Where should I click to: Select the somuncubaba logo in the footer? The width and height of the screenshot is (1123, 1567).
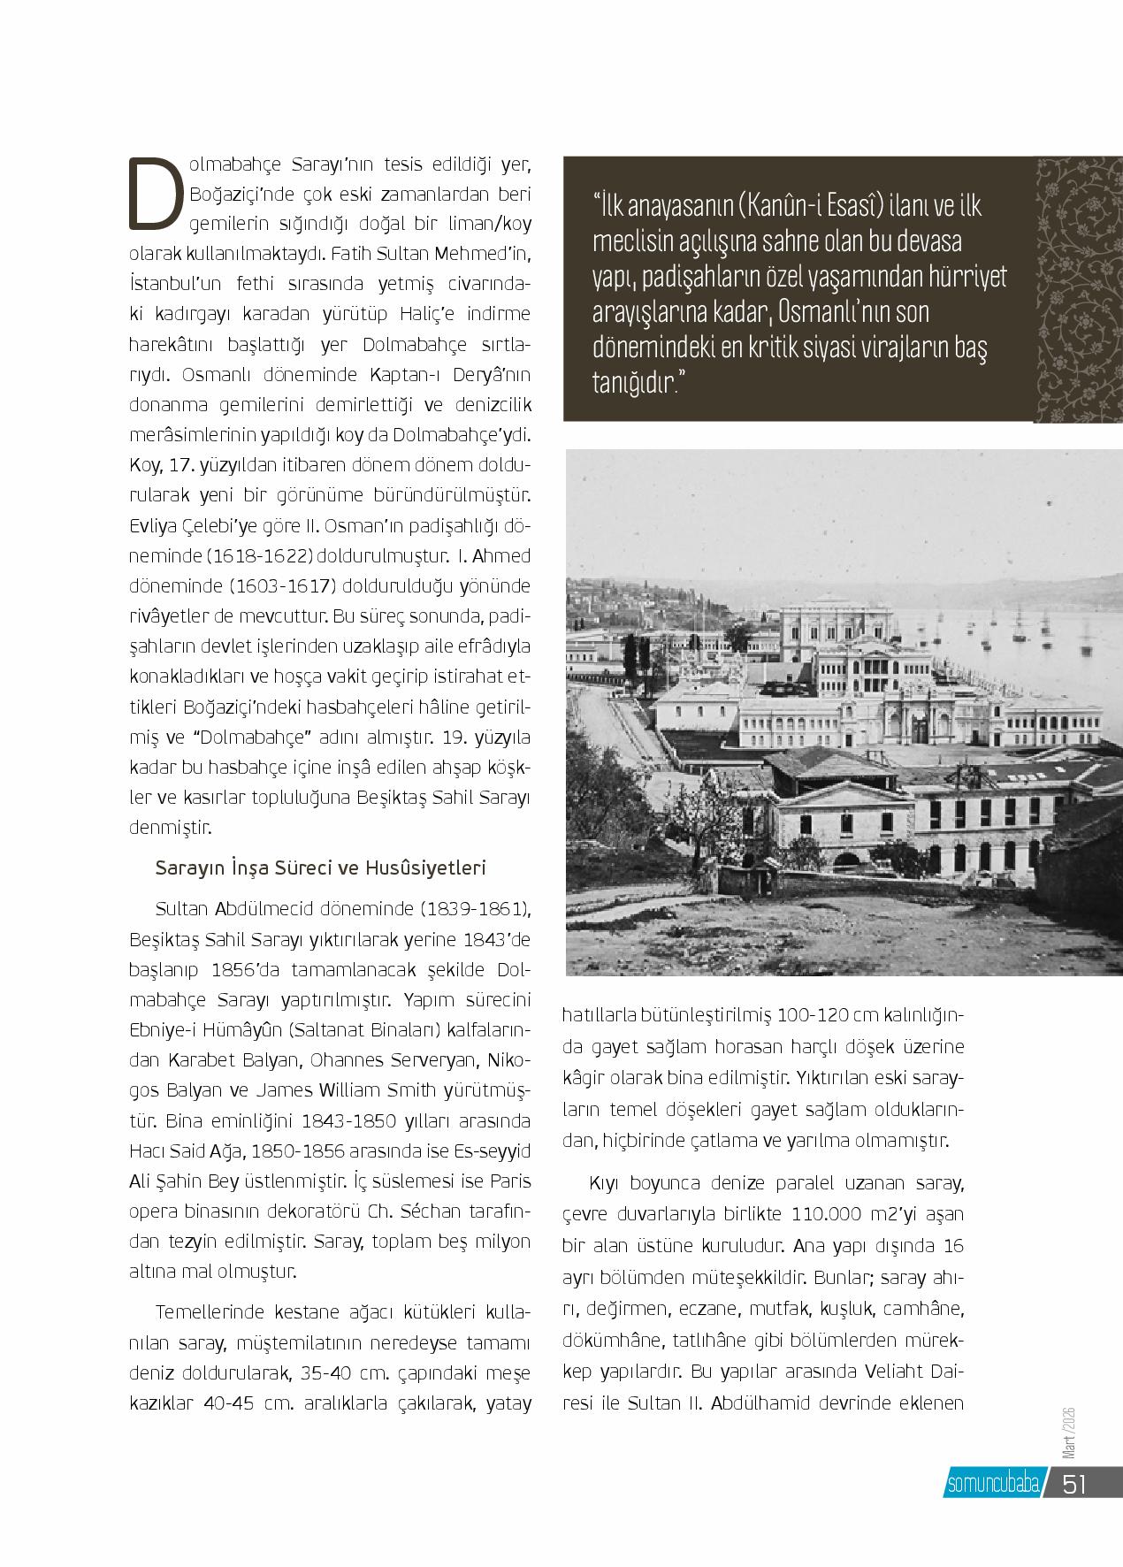[992, 1484]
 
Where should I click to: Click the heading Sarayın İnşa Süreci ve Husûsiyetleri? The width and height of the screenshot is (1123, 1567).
[321, 868]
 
